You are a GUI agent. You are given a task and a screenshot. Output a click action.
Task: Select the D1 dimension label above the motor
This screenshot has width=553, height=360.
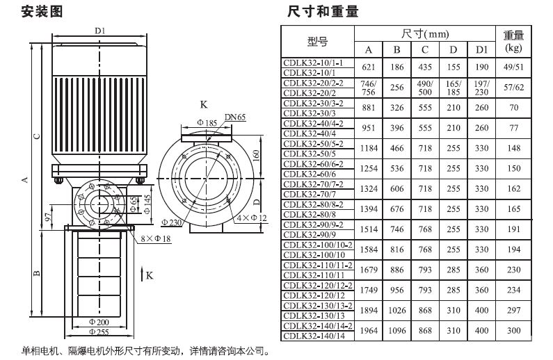(99, 31)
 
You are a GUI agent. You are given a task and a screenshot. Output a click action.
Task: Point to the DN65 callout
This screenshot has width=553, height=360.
(234, 117)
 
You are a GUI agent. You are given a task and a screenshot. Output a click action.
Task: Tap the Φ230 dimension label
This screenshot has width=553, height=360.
(172, 222)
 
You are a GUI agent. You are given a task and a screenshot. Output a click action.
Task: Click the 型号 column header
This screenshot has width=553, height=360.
(317, 42)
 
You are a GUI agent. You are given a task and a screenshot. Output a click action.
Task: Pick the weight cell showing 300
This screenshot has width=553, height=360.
(513, 330)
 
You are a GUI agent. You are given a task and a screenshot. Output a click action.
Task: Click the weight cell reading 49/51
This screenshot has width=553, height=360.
(513, 67)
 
